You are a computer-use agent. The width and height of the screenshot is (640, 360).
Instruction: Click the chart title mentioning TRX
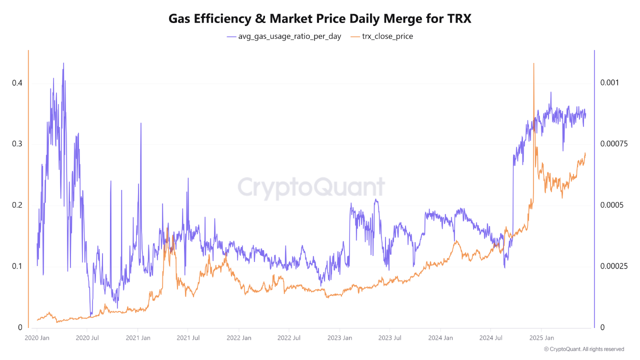tap(320, 18)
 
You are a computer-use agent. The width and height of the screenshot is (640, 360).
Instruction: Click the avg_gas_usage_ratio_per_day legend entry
tap(284, 36)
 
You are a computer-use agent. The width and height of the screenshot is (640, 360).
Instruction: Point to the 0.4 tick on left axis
tap(17, 83)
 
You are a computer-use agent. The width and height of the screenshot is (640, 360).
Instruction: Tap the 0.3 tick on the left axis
tap(17, 144)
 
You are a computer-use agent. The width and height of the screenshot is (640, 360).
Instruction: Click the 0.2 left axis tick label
tap(17, 205)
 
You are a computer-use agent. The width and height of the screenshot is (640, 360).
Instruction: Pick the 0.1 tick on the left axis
tap(17, 266)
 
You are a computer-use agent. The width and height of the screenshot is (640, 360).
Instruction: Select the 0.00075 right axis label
tap(613, 144)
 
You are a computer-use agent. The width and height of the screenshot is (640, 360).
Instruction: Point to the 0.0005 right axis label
tap(611, 205)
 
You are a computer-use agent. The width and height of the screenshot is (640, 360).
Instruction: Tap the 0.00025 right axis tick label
tap(613, 266)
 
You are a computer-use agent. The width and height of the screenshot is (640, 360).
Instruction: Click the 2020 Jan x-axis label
tap(36, 338)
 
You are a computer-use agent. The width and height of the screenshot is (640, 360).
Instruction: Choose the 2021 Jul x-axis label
tap(188, 338)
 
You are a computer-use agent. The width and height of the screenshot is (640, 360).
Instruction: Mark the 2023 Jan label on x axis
tap(339, 338)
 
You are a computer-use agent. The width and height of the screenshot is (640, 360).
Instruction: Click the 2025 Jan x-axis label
tap(541, 338)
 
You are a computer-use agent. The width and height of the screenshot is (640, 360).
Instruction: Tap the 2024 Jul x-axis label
tap(490, 338)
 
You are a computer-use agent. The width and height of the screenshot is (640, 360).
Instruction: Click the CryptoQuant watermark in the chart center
tap(311, 187)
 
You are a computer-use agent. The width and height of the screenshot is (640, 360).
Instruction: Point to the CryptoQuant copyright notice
tap(583, 349)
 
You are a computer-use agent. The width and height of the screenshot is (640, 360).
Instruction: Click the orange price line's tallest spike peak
tap(534, 64)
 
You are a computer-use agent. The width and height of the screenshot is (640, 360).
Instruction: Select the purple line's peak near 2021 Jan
tap(141, 123)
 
